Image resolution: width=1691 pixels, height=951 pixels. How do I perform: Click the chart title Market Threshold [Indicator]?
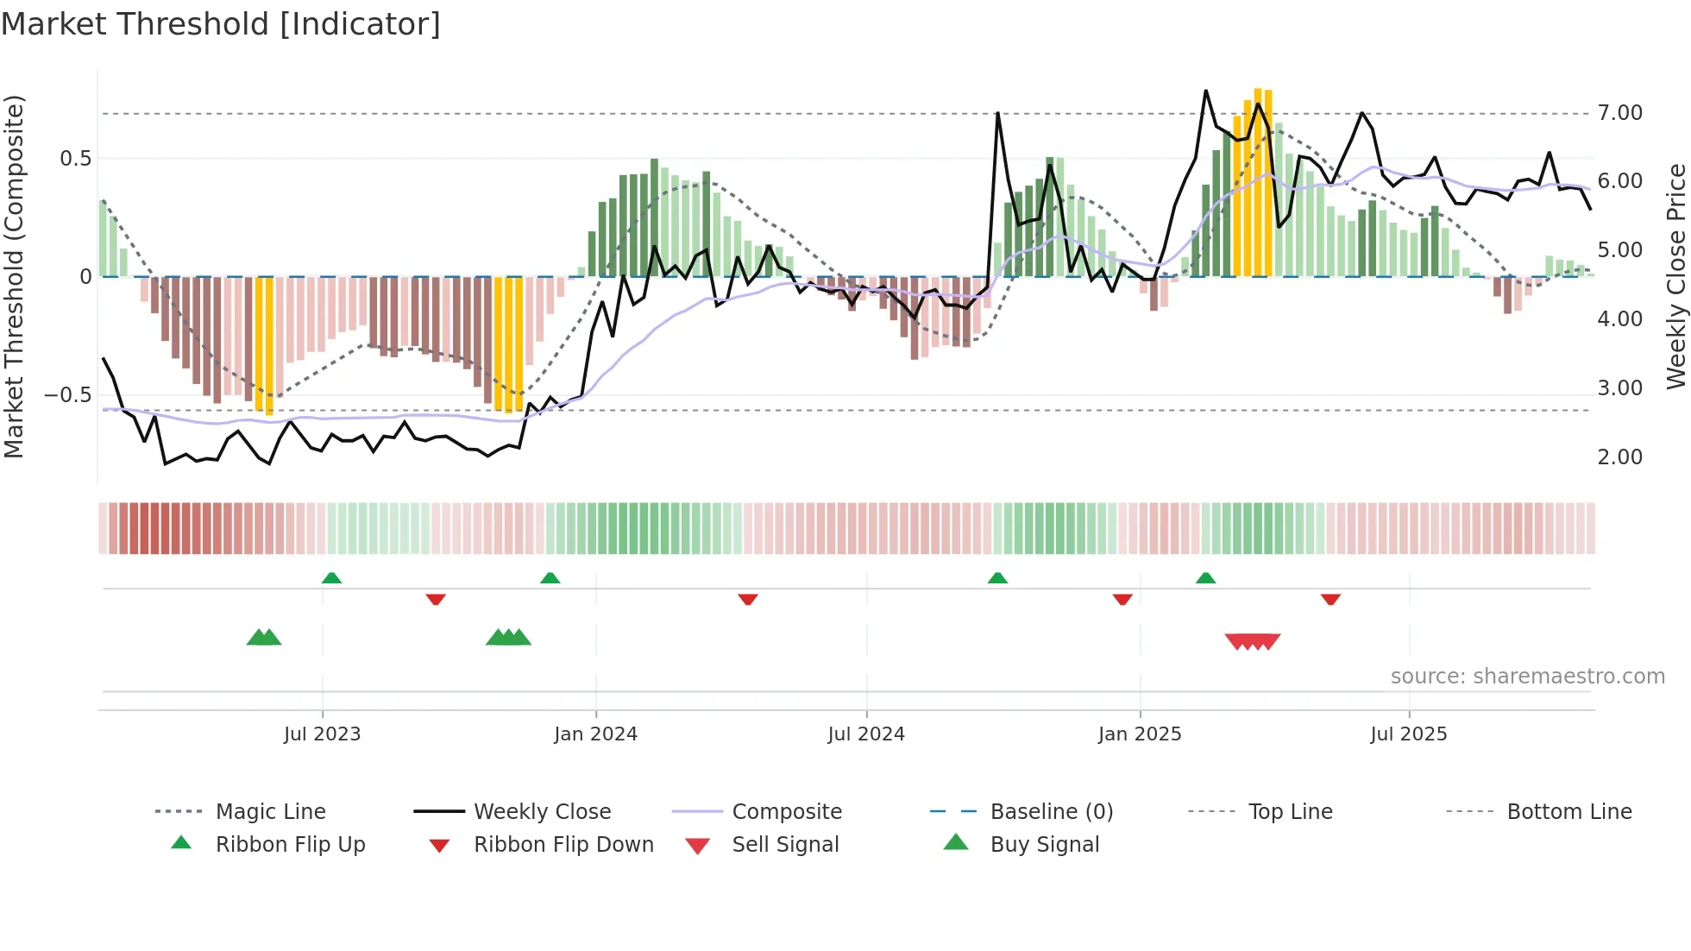coord(221,24)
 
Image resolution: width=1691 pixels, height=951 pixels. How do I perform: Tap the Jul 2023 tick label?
coord(322,734)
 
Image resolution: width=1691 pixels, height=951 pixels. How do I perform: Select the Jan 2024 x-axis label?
coord(595,734)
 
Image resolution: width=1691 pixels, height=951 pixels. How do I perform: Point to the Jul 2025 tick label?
coord(1408,734)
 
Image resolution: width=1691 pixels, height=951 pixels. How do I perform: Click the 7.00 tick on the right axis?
coord(1619,113)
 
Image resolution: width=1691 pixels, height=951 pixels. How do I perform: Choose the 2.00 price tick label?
coord(1619,457)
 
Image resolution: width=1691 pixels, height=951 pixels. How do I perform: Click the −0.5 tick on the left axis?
coord(68,395)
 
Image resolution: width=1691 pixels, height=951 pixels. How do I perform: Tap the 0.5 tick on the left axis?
coord(75,159)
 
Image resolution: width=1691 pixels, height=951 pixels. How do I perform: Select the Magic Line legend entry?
coord(270,812)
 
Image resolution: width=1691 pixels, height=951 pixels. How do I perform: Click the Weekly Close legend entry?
coord(542,812)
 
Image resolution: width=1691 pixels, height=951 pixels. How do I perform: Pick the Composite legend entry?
coord(787,812)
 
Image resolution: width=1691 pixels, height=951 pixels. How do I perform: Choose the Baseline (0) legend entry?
coord(1051,812)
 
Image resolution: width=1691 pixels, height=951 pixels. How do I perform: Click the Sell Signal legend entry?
coord(785,845)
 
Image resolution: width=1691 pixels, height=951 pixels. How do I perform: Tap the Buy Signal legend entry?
coord(1044,845)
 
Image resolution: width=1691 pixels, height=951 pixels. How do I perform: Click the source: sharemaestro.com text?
coord(1527,677)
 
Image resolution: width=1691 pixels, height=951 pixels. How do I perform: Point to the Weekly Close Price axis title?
coord(1675,276)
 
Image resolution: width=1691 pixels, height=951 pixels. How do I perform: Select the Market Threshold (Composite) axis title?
coord(14,276)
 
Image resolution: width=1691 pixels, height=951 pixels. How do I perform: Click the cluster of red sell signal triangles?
coord(1252,641)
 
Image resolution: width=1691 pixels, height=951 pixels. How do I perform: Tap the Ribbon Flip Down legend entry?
coord(563,845)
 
